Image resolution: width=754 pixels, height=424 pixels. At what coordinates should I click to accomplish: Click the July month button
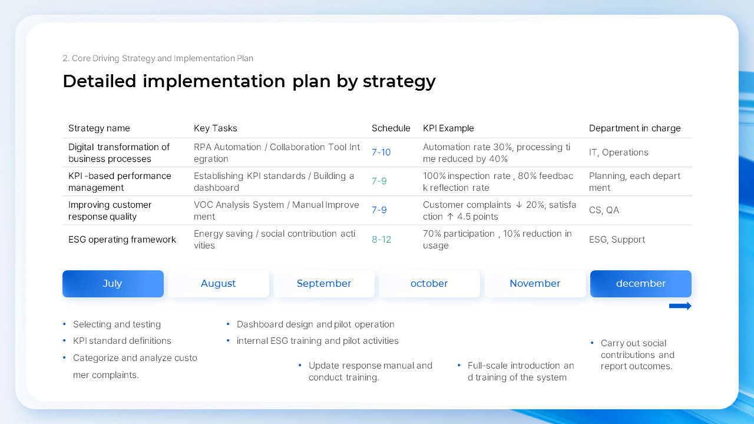tap(113, 284)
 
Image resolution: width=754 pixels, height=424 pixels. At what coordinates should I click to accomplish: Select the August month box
tap(218, 284)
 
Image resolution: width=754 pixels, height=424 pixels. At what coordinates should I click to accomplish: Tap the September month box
tap(324, 284)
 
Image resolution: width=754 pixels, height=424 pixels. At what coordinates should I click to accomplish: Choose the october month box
tap(429, 284)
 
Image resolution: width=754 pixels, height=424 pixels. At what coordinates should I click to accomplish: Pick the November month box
tap(535, 284)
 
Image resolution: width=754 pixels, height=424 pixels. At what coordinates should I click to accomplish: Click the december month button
tap(640, 284)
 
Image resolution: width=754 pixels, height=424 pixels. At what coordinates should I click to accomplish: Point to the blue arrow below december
tap(680, 306)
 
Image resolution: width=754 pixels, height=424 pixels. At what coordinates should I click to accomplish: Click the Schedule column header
tap(391, 128)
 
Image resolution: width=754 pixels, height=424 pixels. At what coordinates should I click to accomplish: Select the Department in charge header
tap(634, 128)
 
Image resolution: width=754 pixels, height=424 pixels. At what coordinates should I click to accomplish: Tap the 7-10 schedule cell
tap(381, 153)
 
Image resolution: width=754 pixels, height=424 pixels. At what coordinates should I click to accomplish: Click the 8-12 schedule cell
tap(381, 240)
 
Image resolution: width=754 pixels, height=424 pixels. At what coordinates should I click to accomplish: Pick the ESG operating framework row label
tap(122, 240)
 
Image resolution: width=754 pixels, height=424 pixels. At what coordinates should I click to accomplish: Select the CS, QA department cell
tap(604, 210)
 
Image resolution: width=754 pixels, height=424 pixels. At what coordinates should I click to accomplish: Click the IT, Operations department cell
tap(619, 153)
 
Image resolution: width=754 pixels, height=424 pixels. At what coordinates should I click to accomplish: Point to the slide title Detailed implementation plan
tap(249, 81)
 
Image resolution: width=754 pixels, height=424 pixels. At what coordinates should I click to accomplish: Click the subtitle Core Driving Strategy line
tap(158, 58)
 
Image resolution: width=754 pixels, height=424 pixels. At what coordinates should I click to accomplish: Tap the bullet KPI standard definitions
tap(122, 341)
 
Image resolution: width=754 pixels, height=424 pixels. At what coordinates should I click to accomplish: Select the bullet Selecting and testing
tap(117, 324)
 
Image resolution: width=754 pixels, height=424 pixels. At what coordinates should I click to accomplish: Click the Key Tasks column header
tap(216, 128)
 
